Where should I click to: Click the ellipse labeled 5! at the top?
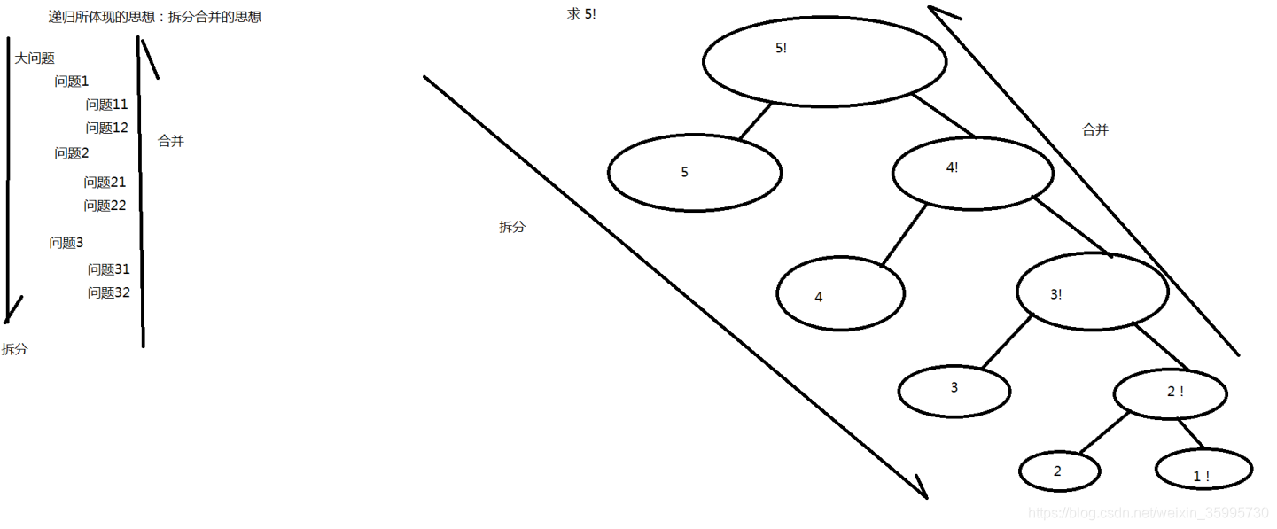click(824, 62)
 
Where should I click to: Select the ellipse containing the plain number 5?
click(695, 173)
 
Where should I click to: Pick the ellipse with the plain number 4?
click(840, 294)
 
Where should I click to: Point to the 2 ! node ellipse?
click(1170, 393)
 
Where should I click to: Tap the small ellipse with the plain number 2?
click(1059, 471)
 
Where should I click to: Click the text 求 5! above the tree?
click(581, 14)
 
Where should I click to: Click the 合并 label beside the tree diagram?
click(1095, 129)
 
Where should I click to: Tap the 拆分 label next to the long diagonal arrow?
click(512, 227)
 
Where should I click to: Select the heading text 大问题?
click(35, 58)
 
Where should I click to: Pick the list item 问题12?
click(106, 128)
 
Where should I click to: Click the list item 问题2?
click(72, 153)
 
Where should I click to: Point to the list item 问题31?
click(108, 269)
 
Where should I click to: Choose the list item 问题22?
click(105, 206)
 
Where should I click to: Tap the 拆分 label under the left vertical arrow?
click(14, 349)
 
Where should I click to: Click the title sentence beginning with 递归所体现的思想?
click(154, 17)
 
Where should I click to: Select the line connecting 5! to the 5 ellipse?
click(756, 121)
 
